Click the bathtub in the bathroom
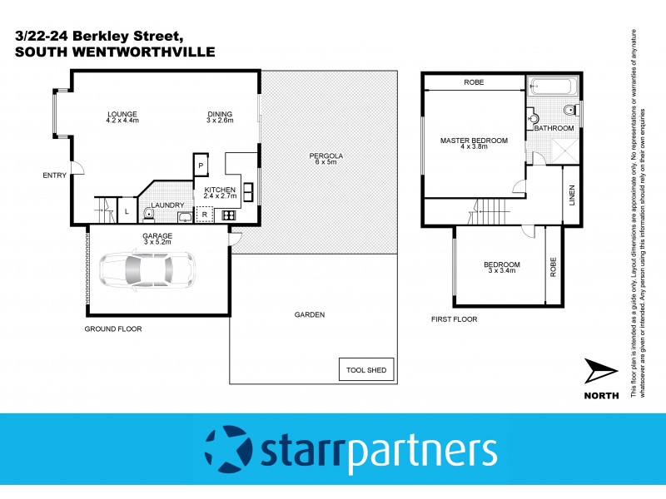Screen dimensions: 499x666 [550, 85]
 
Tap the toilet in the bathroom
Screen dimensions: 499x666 [568, 111]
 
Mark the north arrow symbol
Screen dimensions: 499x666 [600, 369]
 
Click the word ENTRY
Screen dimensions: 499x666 [54, 175]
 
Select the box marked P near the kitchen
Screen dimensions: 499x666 [201, 166]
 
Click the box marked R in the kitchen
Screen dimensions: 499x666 [204, 215]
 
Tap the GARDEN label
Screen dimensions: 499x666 [310, 314]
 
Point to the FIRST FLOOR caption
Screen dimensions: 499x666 [454, 319]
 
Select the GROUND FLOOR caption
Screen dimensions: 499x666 [113, 329]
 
